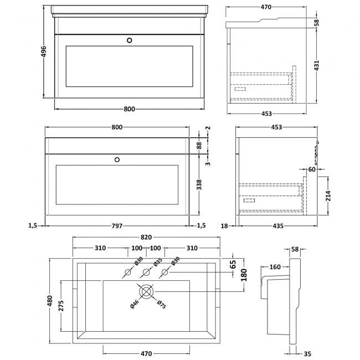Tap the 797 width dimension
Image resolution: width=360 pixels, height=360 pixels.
117,225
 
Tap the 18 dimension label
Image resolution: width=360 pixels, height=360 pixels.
225,225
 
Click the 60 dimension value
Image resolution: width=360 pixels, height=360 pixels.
312,170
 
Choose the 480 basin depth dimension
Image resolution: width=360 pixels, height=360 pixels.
50,300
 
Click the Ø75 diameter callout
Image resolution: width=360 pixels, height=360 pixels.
161,305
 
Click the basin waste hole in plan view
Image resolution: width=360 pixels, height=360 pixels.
147,291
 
